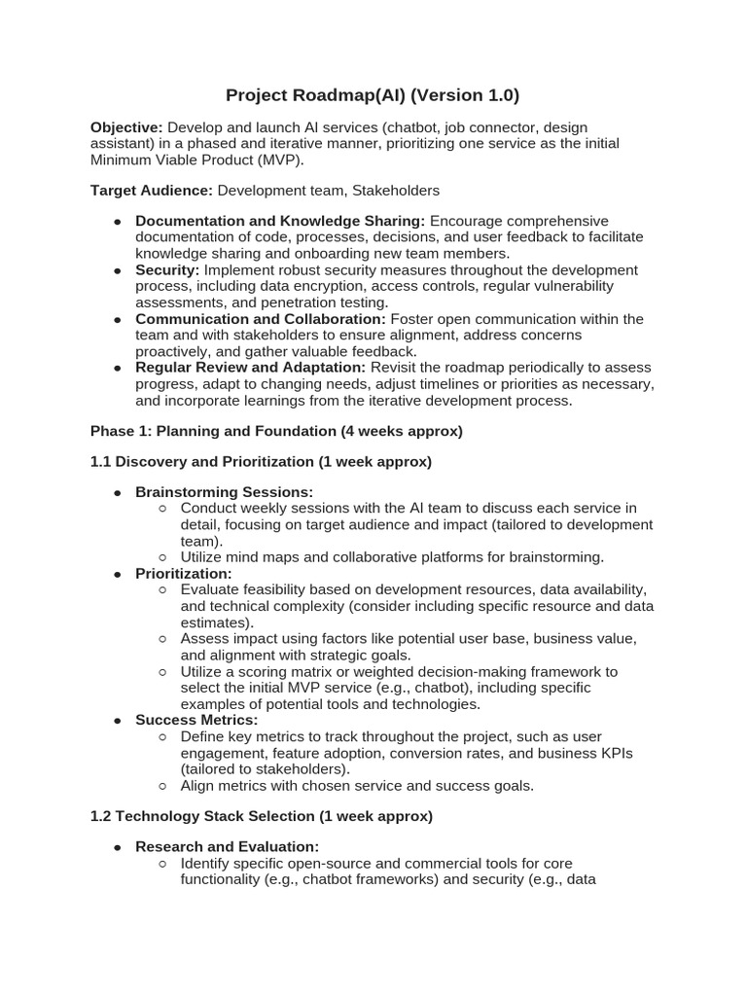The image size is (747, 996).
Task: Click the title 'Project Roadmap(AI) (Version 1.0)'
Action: [373, 95]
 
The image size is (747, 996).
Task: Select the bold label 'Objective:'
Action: [126, 127]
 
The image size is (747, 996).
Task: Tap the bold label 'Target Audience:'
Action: [151, 191]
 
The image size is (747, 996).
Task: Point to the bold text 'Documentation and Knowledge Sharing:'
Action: [280, 222]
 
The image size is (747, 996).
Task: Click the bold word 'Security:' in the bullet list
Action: [167, 270]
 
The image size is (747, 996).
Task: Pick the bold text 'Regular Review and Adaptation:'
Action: [250, 368]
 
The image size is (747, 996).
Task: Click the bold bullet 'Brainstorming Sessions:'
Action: [224, 492]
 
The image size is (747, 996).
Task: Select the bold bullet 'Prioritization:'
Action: [183, 574]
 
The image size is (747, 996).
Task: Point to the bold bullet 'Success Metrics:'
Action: [196, 720]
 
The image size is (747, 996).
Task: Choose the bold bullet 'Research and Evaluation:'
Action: [227, 847]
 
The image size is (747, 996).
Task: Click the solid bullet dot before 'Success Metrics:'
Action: [117, 721]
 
